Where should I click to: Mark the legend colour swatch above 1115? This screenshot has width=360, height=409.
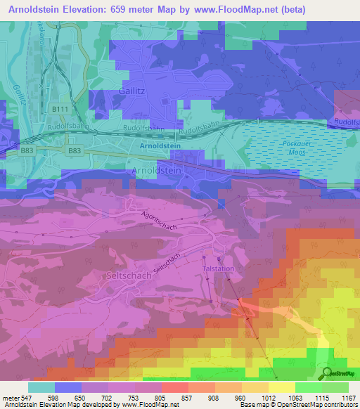click(308, 387)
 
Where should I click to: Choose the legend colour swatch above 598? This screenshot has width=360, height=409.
click(68, 387)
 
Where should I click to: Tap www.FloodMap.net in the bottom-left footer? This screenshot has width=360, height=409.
click(146, 405)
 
